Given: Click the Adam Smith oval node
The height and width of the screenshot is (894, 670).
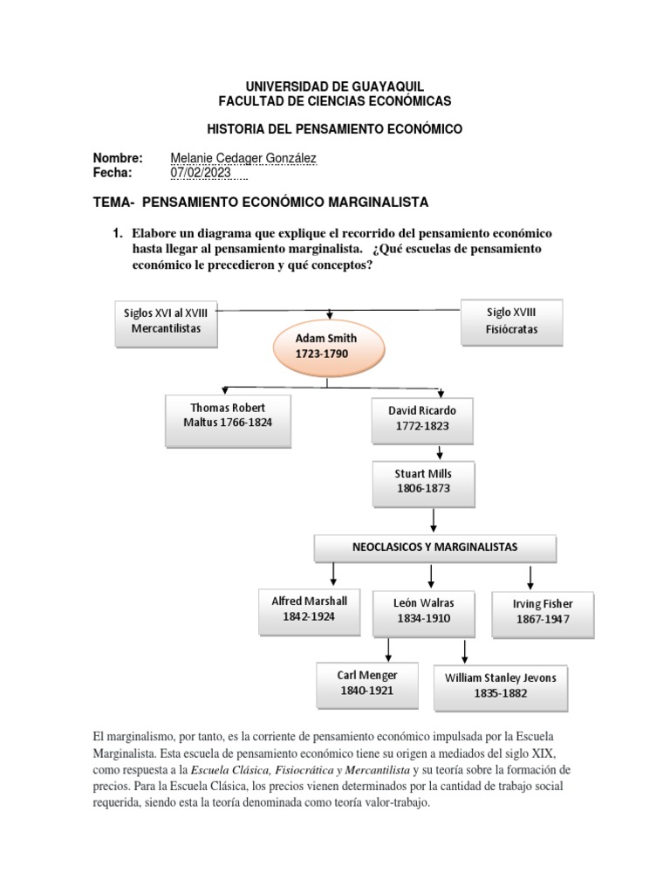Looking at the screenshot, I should pyautogui.click(x=327, y=347).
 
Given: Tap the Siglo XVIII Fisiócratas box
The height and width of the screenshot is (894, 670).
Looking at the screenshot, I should pyautogui.click(x=511, y=321).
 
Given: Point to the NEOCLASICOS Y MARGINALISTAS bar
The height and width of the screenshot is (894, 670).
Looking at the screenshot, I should pyautogui.click(x=434, y=547).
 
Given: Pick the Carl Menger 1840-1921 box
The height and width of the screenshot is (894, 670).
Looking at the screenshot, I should pyautogui.click(x=367, y=683).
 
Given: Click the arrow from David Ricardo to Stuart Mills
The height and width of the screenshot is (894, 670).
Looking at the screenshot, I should pyautogui.click(x=441, y=452).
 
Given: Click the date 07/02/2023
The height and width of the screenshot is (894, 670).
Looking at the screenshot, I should pyautogui.click(x=202, y=173).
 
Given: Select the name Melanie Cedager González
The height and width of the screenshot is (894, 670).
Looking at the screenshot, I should pyautogui.click(x=243, y=158).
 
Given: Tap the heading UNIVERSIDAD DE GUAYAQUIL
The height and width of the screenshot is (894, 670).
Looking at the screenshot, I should pyautogui.click(x=334, y=86).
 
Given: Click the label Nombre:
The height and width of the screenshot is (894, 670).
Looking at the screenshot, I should pyautogui.click(x=118, y=158).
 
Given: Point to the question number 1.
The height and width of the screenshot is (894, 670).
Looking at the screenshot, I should pyautogui.click(x=114, y=234).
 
